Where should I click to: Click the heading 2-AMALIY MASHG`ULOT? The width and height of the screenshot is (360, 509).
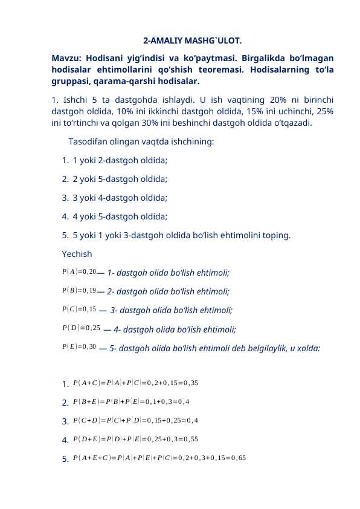[193, 42]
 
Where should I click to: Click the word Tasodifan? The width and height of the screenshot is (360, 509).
[89, 142]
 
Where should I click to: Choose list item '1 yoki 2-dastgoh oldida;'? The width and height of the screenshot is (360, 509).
[120, 161]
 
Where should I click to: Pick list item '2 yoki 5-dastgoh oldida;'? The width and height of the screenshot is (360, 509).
[120, 179]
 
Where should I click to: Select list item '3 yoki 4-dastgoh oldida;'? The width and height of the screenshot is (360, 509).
[120, 197]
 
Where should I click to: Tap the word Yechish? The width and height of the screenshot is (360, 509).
[77, 254]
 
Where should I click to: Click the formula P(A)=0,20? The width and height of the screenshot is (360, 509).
[79, 271]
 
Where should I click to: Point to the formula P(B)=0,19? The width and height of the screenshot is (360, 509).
[79, 290]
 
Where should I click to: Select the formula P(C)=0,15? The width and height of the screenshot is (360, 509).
[79, 309]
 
